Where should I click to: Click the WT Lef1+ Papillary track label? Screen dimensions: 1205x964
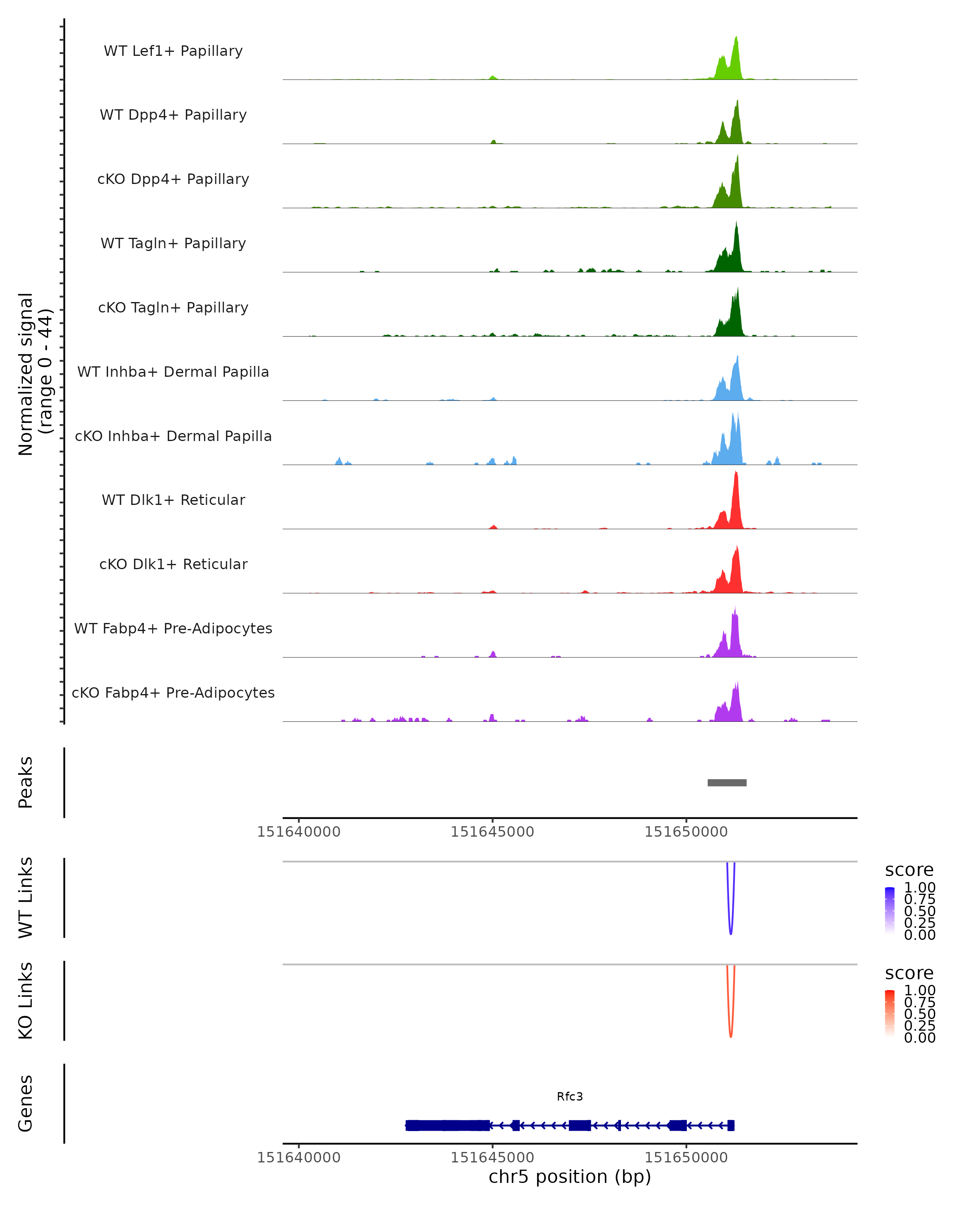tap(173, 51)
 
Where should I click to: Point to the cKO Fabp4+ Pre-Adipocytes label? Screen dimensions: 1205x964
tap(173, 692)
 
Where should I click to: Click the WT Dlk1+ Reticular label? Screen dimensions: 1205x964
tap(173, 500)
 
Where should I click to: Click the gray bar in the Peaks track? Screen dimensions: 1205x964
tap(727, 782)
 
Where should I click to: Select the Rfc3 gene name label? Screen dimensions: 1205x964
tap(570, 1097)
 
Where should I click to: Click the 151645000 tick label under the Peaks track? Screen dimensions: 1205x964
tap(492, 832)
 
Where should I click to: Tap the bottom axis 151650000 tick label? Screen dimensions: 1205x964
tap(686, 1158)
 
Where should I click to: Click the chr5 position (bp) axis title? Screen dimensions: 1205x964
tap(570, 1177)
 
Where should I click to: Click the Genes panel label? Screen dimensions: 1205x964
tap(26, 1103)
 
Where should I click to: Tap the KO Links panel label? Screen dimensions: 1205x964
tap(26, 1001)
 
